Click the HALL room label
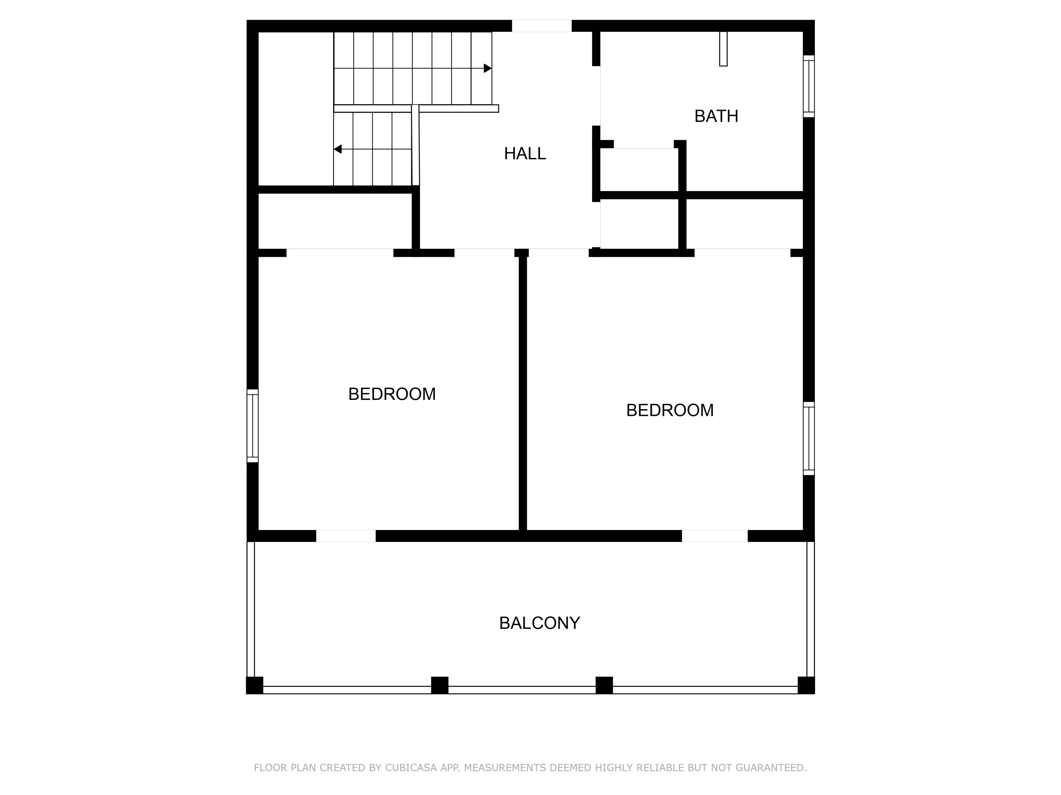(525, 153)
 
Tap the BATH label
(716, 116)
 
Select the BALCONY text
(540, 623)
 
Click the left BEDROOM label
(392, 394)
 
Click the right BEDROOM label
(669, 410)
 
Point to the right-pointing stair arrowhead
(487, 69)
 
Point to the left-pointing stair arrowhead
(338, 149)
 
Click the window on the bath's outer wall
(809, 86)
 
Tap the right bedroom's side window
(809, 438)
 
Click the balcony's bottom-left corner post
(255, 685)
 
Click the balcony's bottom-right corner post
(806, 685)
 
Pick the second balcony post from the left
(439, 685)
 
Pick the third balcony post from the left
(604, 685)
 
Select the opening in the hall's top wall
(541, 26)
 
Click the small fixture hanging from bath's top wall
(723, 49)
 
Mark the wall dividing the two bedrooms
(523, 393)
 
